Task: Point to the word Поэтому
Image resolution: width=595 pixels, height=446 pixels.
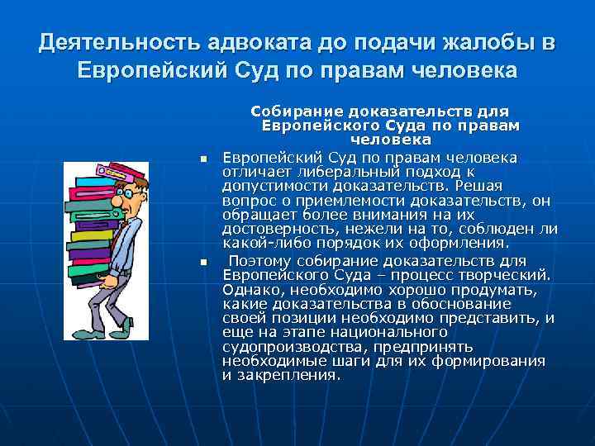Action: (260, 262)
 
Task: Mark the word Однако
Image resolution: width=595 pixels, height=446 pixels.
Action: (252, 290)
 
